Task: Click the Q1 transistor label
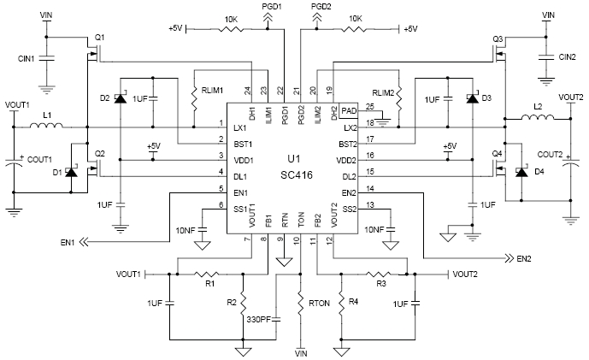click(x=99, y=38)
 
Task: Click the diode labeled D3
click(x=470, y=99)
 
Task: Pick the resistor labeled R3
click(x=383, y=274)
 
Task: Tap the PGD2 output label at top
click(x=321, y=5)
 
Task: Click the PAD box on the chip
click(x=347, y=110)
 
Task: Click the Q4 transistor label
click(x=495, y=153)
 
